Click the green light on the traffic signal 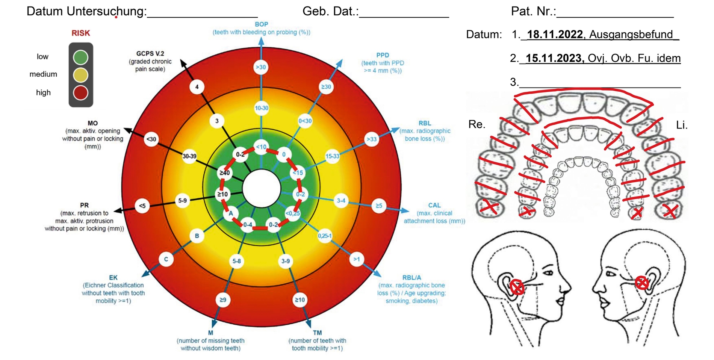tap(80, 57)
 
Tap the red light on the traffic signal tap(80, 92)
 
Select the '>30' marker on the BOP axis tap(261, 67)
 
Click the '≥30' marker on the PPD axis tap(326, 87)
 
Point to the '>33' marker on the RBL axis tap(371, 139)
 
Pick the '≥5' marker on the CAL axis tap(379, 206)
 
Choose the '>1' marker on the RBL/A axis tap(356, 259)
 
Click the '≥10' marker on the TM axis tap(300, 299)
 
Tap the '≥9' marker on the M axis tap(223, 299)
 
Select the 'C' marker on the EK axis tap(166, 259)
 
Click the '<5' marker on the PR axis tap(142, 206)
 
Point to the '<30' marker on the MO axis tap(151, 139)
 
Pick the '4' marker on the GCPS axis tap(197, 87)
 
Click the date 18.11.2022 tap(555, 35)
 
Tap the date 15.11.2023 tap(554, 58)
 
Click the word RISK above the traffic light tap(81, 33)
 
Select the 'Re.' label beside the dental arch tap(477, 124)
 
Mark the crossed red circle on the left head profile tap(517, 287)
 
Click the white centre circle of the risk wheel tap(262, 188)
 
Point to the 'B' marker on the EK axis tap(197, 236)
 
